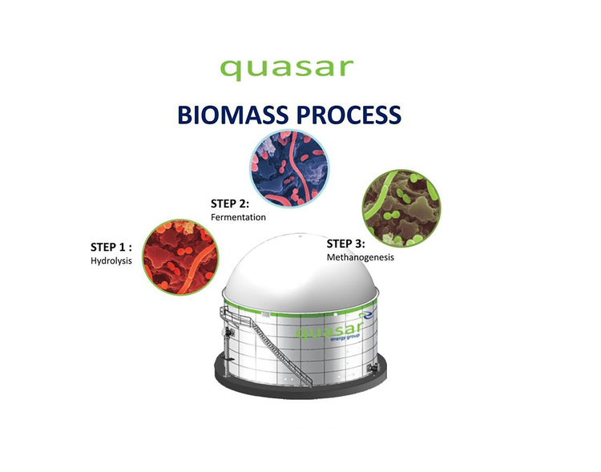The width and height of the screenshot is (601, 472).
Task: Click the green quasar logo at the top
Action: tap(286, 67)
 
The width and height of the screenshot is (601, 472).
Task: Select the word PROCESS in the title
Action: tap(349, 115)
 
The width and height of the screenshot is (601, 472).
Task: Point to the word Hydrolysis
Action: tap(111, 260)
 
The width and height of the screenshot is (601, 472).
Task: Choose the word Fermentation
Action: tap(238, 217)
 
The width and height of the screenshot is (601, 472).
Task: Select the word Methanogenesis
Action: tap(360, 257)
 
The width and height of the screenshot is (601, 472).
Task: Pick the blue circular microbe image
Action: tap(288, 167)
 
